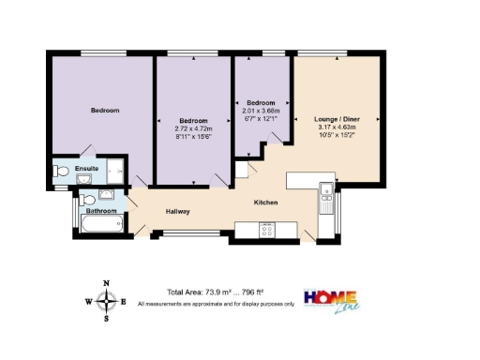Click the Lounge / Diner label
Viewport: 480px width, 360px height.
click(x=337, y=120)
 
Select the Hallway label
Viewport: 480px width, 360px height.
click(x=178, y=212)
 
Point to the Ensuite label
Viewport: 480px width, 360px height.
click(x=86, y=169)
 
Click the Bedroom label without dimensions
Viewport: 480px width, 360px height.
click(x=105, y=111)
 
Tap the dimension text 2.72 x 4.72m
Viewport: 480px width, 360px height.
click(x=195, y=129)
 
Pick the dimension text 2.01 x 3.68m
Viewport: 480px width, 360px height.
click(x=261, y=110)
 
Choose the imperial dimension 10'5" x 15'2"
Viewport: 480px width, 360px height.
click(x=337, y=137)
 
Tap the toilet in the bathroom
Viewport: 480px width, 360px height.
click(x=85, y=198)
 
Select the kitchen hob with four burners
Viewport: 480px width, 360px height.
click(x=266, y=230)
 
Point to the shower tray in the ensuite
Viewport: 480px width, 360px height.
click(x=115, y=171)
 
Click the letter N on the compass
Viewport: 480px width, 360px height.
click(x=107, y=284)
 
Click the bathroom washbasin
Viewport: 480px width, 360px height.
click(x=105, y=195)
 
